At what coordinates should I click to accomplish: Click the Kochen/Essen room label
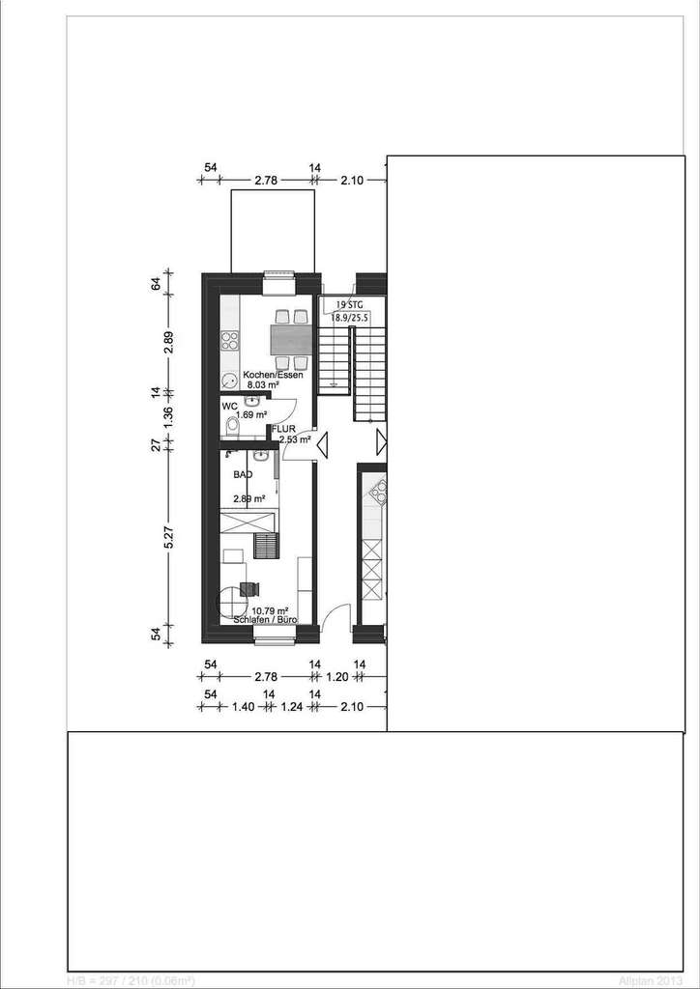click(x=274, y=375)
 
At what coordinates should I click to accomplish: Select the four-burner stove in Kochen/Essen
click(x=230, y=340)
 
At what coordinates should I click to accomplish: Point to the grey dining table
click(x=291, y=340)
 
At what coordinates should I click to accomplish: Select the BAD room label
click(x=244, y=474)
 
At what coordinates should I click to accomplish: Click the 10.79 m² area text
click(x=270, y=610)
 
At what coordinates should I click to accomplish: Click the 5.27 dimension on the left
click(x=167, y=536)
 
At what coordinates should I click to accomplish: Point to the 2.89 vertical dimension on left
click(x=167, y=342)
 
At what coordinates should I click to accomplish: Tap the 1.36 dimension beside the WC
click(x=167, y=416)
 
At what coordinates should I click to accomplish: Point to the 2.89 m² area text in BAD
click(x=249, y=499)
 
